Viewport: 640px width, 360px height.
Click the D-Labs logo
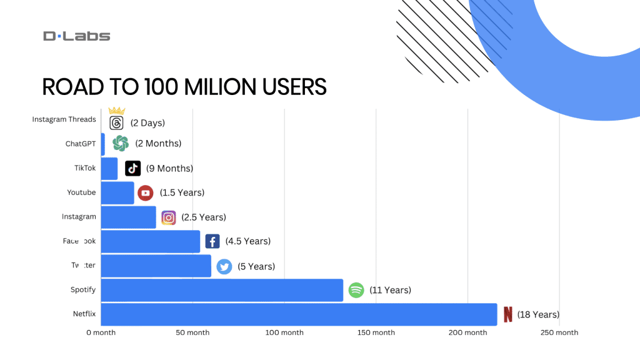[76, 36]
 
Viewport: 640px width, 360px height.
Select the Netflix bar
[299, 314]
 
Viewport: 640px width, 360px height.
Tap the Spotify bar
[222, 290]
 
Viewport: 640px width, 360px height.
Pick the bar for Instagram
[128, 217]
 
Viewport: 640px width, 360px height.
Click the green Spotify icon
[356, 290]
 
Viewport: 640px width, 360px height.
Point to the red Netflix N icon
[507, 314]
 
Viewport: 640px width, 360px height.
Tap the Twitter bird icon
[224, 267]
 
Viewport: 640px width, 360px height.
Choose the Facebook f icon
[212, 241]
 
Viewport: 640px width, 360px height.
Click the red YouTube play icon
[146, 193]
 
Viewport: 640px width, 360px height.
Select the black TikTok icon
[132, 168]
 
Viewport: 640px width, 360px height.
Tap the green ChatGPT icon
[121, 144]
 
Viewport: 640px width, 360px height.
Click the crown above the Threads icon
[117, 111]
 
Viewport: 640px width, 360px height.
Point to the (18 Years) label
[538, 314]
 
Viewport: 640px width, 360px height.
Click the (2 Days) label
[148, 123]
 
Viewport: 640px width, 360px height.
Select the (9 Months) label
[169, 168]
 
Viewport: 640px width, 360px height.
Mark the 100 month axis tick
[284, 332]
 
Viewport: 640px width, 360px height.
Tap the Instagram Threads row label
[64, 119]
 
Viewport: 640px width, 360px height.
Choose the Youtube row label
[81, 192]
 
